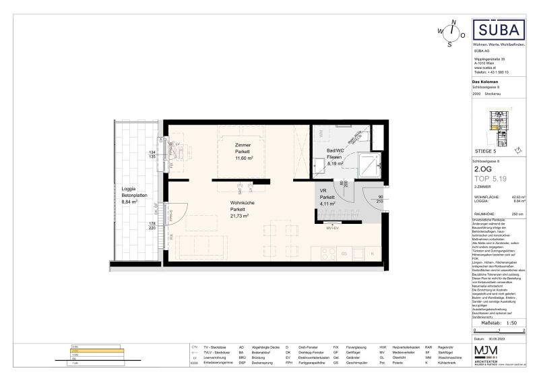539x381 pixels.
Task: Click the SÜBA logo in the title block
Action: [x=500, y=30]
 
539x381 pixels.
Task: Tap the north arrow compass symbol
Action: [x=451, y=32]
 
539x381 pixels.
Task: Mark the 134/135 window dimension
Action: [x=152, y=154]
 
